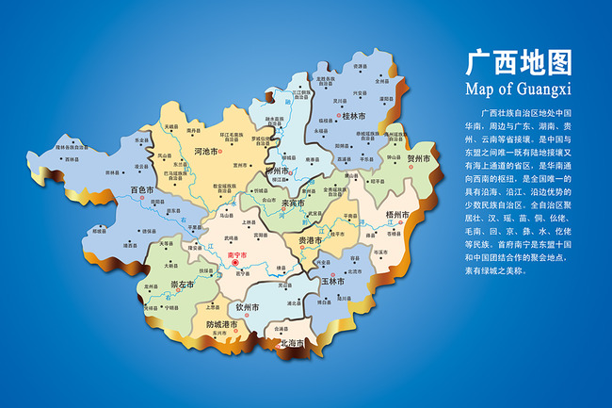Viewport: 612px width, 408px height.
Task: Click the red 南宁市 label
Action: click(x=236, y=255)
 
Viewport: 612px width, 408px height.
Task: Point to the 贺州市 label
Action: click(x=417, y=160)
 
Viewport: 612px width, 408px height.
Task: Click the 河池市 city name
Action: click(x=206, y=151)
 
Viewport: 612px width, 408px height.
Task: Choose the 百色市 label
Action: click(x=142, y=190)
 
